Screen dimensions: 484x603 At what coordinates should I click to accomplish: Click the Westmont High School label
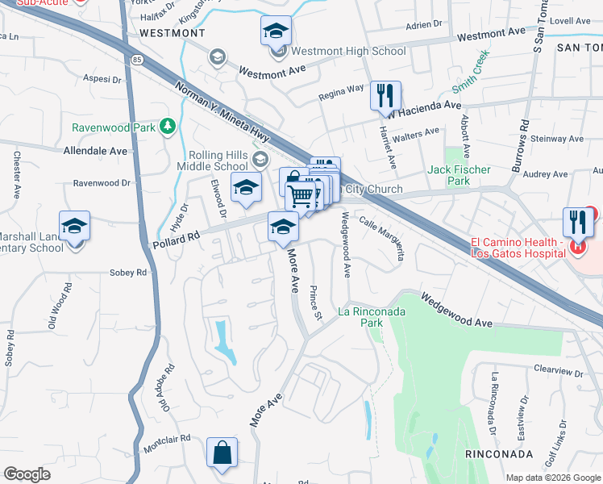(x=348, y=51)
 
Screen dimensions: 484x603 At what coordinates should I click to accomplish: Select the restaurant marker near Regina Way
(x=385, y=96)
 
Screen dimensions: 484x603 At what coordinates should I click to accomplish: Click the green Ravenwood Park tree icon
(x=167, y=126)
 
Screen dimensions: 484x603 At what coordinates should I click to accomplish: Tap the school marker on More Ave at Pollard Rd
(x=283, y=228)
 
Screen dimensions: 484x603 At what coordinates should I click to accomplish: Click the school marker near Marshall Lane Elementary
(x=74, y=226)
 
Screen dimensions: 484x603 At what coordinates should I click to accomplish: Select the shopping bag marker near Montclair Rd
(x=222, y=453)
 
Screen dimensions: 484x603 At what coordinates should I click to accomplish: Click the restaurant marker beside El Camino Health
(x=577, y=221)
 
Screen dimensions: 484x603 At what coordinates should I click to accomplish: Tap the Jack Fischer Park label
(x=459, y=175)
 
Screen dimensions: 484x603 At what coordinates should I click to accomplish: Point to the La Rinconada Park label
(x=371, y=316)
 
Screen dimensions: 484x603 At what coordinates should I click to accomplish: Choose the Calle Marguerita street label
(x=381, y=238)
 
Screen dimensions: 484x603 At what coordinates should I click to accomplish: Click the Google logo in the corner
(x=27, y=474)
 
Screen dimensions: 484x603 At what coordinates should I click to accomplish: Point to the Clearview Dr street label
(x=558, y=370)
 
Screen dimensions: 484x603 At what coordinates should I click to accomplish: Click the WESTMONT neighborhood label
(x=172, y=33)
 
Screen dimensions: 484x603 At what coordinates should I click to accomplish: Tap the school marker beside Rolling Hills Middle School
(x=246, y=188)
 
